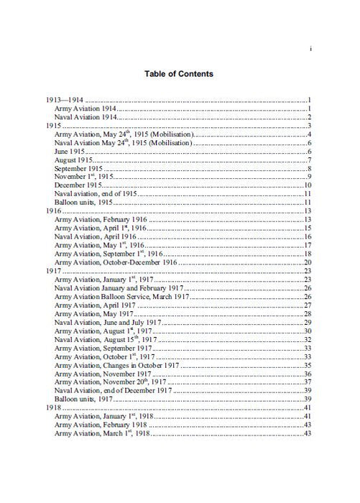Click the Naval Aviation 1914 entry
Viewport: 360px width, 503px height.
coord(86,117)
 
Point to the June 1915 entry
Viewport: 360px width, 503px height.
coord(71,152)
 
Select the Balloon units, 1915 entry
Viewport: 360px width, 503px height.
coord(86,203)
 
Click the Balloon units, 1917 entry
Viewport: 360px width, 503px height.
coord(86,400)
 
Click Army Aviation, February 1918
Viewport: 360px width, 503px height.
coord(100,426)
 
